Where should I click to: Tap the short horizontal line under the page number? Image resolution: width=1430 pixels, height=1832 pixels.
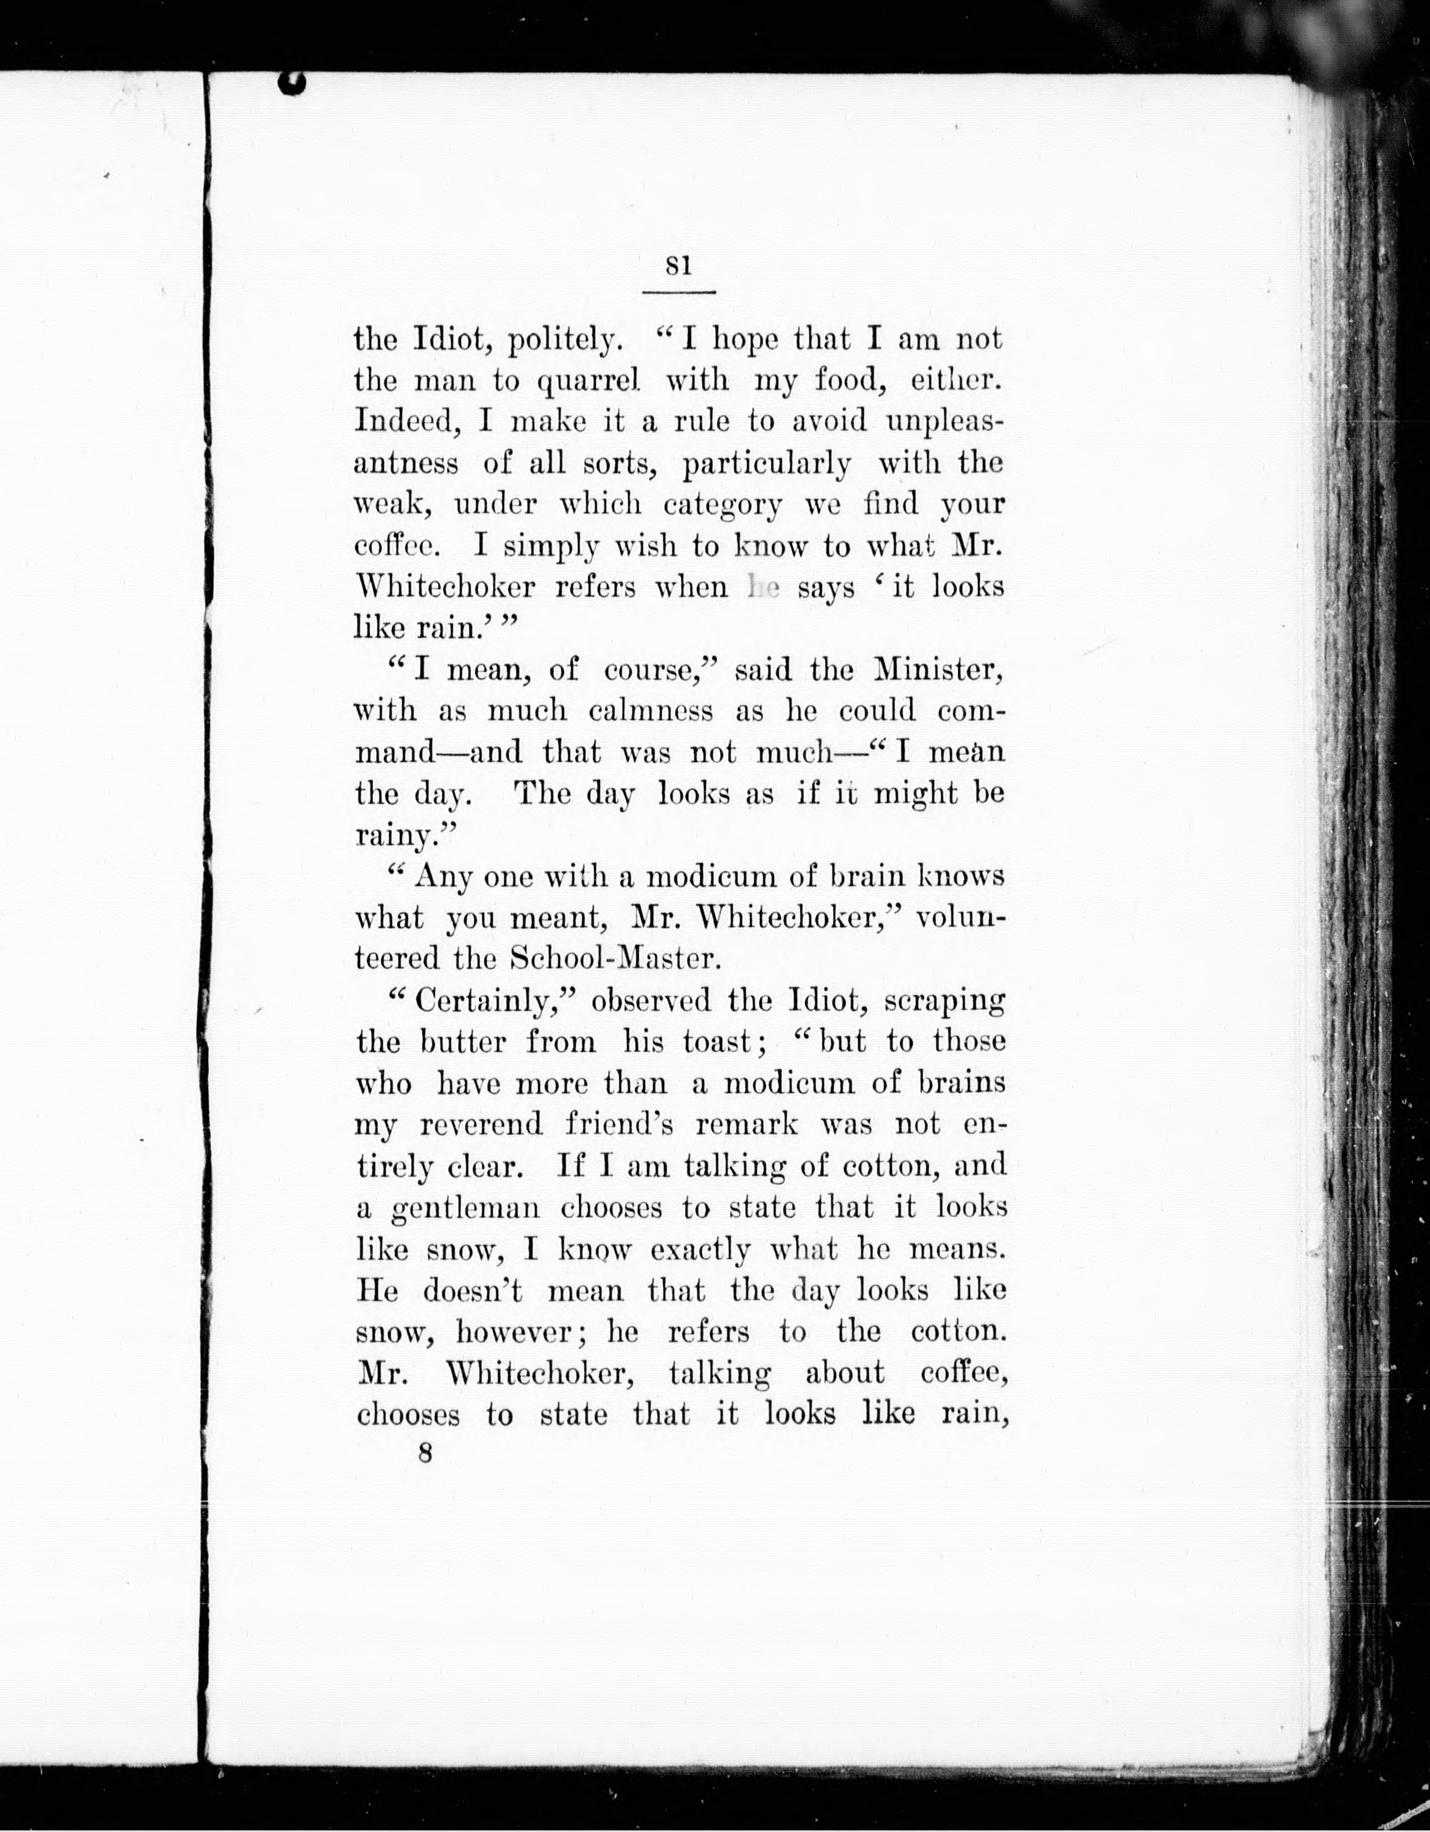678,292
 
